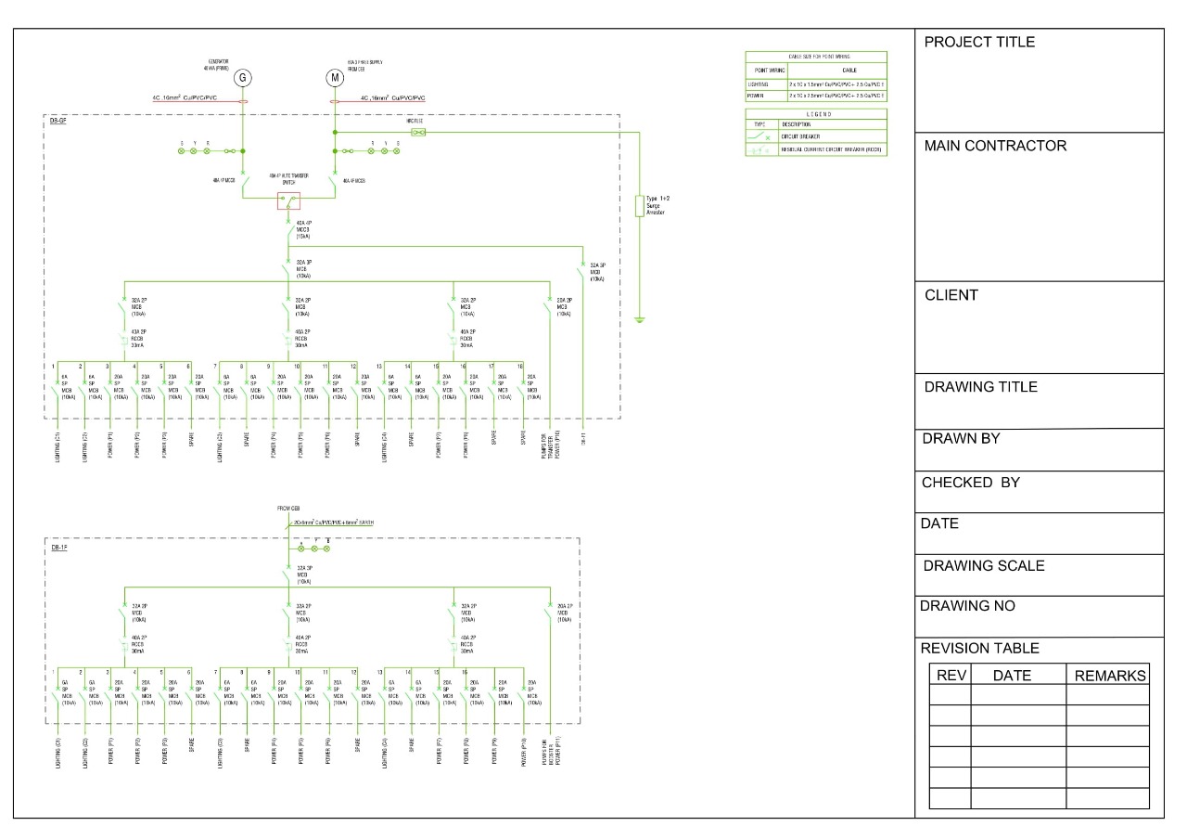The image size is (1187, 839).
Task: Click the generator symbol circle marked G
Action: pos(243,78)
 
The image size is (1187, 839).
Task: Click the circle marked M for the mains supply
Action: pos(335,78)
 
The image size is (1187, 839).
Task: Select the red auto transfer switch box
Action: pos(288,202)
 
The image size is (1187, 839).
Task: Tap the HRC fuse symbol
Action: pos(418,133)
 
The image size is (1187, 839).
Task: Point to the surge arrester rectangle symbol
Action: pos(639,206)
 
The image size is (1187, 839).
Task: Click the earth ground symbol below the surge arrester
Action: pos(639,321)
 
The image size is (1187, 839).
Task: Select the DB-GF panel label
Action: pos(58,122)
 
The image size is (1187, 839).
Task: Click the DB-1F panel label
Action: pos(58,548)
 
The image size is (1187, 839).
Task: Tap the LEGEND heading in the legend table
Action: pos(815,113)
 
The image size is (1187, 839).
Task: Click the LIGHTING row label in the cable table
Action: pos(759,84)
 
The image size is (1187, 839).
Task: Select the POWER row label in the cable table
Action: pos(755,96)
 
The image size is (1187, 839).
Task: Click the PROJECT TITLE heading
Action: pos(979,42)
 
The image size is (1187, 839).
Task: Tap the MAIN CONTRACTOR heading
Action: pos(995,146)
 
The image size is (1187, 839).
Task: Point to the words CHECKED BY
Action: pos(970,483)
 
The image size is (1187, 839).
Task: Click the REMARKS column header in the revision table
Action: pos(1110,676)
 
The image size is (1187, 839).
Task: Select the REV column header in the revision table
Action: pos(951,676)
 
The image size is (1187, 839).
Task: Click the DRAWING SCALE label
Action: pos(983,565)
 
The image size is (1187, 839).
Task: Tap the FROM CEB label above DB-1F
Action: pos(288,510)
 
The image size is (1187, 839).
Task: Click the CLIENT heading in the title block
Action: pos(951,295)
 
